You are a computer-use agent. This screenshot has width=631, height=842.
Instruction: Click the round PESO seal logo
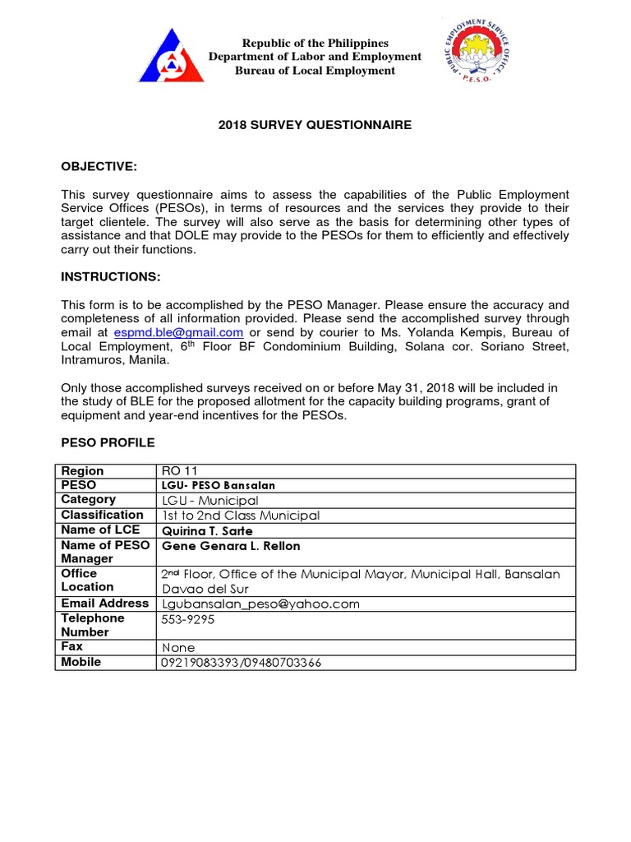(471, 52)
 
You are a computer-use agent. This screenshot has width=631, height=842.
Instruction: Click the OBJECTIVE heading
(99, 167)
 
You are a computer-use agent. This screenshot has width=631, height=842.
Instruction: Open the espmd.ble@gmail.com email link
(178, 332)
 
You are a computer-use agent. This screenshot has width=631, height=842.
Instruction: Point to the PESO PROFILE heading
(108, 442)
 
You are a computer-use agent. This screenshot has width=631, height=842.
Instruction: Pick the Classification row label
(102, 515)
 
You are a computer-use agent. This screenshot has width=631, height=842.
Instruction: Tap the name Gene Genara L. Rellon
(231, 546)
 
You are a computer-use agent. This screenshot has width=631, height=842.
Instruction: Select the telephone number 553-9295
(189, 619)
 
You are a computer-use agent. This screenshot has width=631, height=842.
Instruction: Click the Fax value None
(178, 648)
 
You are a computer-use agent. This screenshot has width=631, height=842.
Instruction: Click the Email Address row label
(105, 603)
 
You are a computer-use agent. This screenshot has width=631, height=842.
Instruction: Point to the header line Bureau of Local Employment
(315, 71)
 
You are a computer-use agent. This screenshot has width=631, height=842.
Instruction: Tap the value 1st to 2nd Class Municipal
(241, 516)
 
